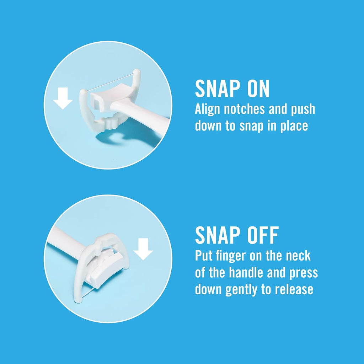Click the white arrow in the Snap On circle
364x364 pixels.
(63, 98)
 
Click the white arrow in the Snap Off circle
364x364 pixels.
(143, 249)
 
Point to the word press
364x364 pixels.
(304, 273)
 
